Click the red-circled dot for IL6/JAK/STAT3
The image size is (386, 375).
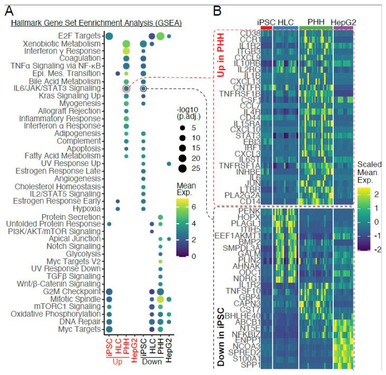(126, 89)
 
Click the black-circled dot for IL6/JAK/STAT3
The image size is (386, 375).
(143, 89)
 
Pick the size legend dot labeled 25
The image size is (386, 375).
(182, 168)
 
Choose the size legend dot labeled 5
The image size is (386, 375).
(182, 128)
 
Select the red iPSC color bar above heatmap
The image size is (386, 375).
(267, 27)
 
